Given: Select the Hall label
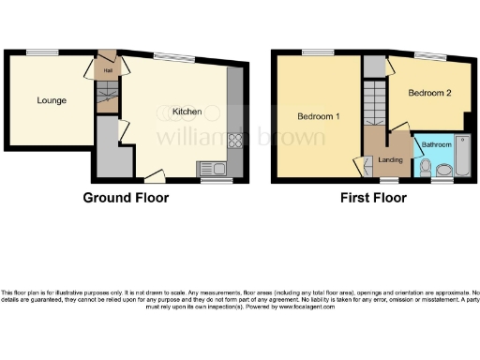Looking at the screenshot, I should click(108, 68).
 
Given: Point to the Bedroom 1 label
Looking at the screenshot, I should click(319, 116).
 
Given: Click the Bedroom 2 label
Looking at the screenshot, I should click(430, 93).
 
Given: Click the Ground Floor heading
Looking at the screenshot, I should click(126, 198).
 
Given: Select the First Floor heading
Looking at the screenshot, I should click(374, 198).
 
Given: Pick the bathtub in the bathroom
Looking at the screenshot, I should click(465, 157).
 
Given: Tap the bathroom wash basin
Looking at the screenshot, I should click(444, 170).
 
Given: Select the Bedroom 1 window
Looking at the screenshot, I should click(314, 52).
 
